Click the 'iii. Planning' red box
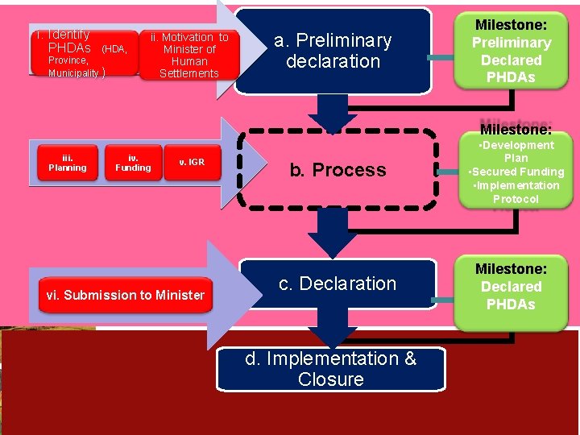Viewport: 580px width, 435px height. coord(68,164)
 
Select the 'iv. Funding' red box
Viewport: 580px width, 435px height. coord(133,164)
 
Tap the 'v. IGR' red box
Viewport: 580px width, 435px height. coord(192,163)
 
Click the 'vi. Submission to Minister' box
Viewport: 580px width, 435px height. coord(126,295)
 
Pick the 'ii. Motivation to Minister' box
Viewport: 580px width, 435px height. coord(189,55)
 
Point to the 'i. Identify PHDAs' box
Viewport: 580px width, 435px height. coord(81,53)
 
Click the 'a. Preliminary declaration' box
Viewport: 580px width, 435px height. coord(333,51)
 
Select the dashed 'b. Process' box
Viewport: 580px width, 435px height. coord(338,170)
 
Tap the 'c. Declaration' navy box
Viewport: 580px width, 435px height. coord(338,284)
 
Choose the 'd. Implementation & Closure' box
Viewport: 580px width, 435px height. coord(331,369)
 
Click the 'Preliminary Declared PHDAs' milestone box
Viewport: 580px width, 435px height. coord(512,50)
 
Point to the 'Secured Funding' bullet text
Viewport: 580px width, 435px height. coord(516,172)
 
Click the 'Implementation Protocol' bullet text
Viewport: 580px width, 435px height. coord(516,193)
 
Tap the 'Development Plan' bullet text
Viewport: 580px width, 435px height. coord(516,151)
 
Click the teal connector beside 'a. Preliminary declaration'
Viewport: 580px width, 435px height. coord(441,58)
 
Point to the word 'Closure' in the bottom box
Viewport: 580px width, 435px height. coord(330,379)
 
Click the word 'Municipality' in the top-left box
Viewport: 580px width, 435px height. coord(73,73)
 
